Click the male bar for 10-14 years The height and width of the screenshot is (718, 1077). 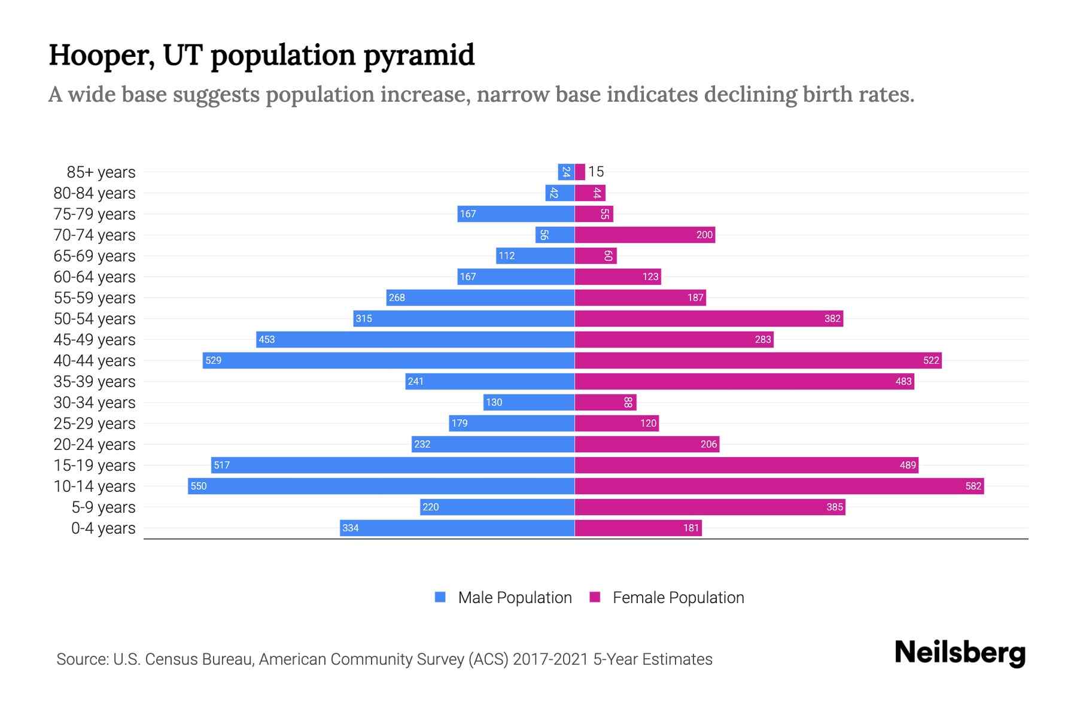point(381,486)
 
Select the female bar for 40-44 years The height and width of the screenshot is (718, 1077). point(758,360)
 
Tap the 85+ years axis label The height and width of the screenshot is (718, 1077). point(101,172)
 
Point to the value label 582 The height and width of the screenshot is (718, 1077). point(973,486)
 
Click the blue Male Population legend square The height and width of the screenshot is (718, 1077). point(440,597)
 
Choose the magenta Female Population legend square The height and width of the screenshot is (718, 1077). point(595,597)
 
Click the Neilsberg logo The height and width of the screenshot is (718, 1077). point(960,653)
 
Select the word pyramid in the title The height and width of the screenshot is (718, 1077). point(418,55)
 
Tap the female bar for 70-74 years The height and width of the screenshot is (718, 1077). point(645,235)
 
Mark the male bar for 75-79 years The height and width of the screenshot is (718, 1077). point(516,214)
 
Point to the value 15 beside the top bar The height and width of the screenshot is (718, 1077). point(596,172)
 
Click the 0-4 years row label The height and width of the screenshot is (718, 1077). point(103,528)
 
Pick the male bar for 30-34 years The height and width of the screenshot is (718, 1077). point(529,402)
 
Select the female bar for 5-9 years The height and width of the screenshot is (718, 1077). point(710,507)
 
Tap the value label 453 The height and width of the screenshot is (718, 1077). point(266,339)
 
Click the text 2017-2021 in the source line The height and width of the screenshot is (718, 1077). point(550,659)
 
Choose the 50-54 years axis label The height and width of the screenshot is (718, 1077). point(95,319)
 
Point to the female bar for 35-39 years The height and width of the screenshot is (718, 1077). point(744,381)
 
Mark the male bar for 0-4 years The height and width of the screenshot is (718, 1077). point(457,528)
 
